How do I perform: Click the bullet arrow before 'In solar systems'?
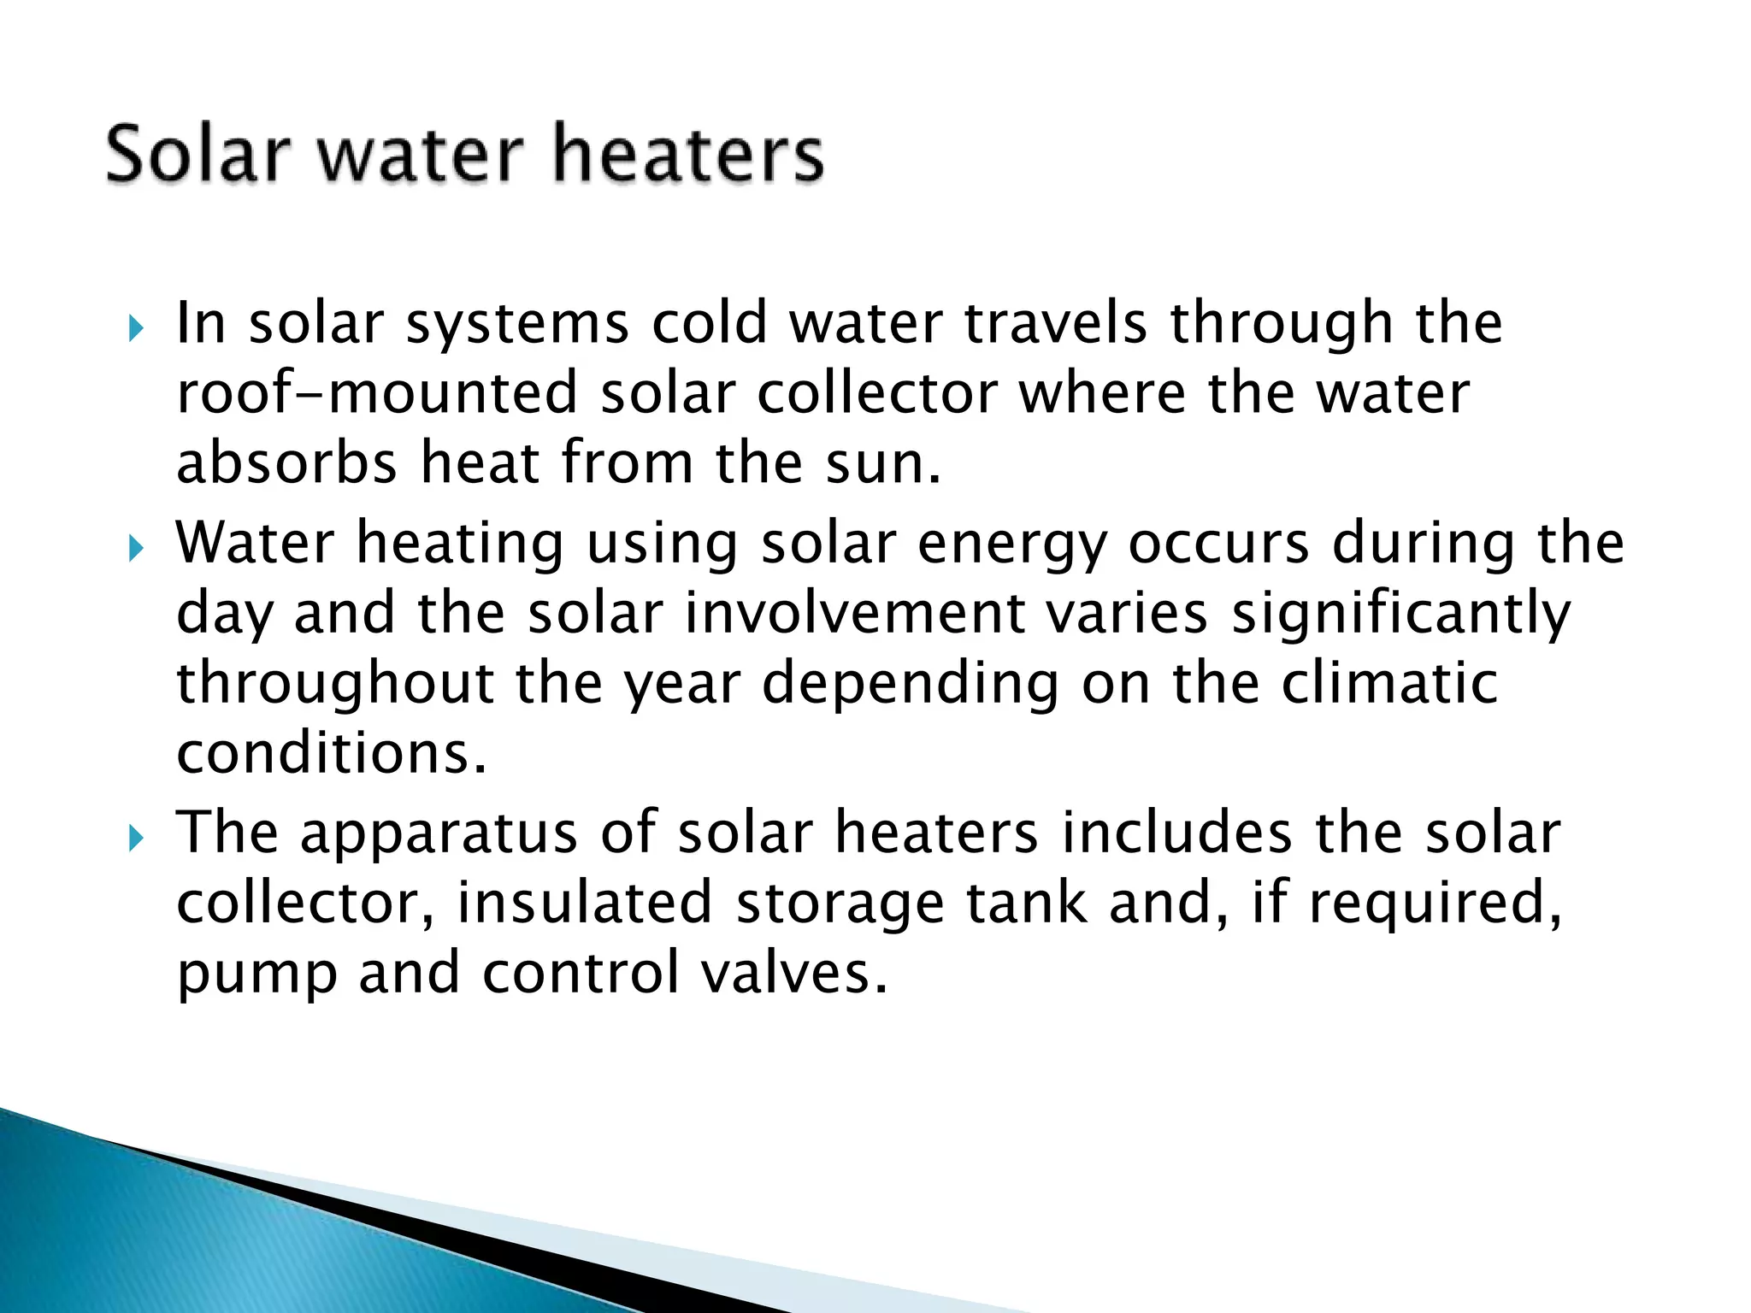tap(135, 328)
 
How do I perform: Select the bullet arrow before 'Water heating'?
tap(135, 548)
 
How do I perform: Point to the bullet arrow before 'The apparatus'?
tap(135, 839)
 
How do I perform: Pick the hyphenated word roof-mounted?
tap(377, 393)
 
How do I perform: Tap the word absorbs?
tap(287, 462)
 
